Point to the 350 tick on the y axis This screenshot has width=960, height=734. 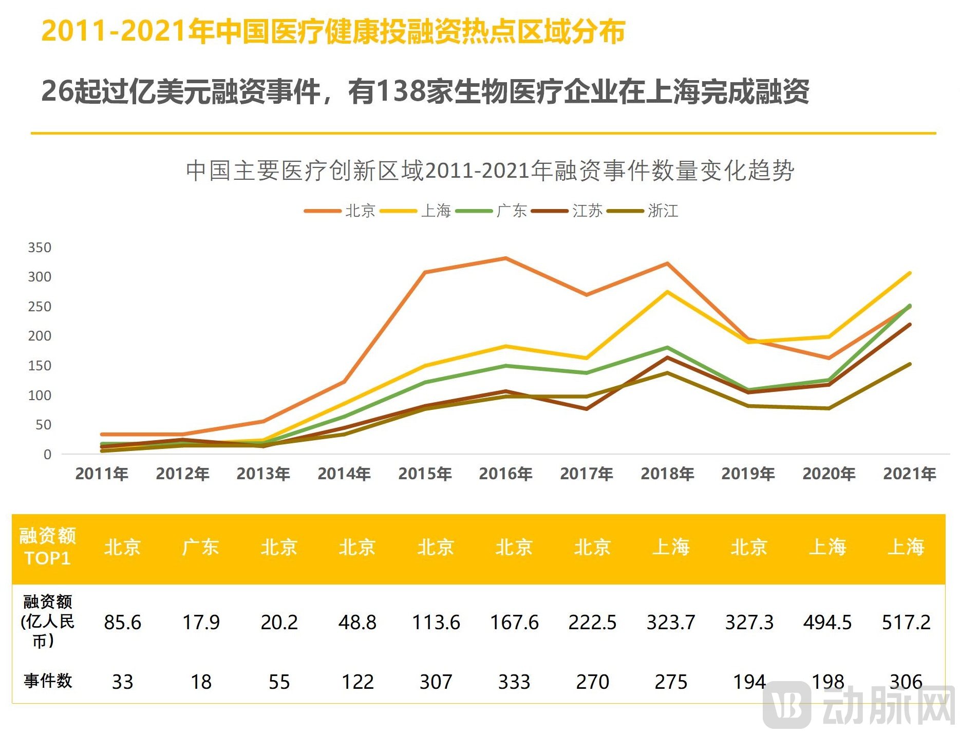(40, 247)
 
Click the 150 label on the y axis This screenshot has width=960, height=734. (40, 365)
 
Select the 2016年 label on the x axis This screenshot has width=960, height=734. (505, 473)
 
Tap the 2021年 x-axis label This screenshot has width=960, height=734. (910, 473)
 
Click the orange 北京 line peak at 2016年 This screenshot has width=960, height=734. (506, 258)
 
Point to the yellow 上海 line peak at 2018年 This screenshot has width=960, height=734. (667, 292)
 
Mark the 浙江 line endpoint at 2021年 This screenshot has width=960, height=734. (910, 364)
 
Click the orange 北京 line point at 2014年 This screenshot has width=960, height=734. (344, 382)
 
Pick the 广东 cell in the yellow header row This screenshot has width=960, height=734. (201, 547)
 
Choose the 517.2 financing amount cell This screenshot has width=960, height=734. (906, 622)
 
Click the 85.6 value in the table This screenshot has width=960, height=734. (122, 622)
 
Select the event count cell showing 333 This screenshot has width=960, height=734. (514, 682)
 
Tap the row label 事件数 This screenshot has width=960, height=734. (48, 681)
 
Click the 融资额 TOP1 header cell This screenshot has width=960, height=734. (48, 547)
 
